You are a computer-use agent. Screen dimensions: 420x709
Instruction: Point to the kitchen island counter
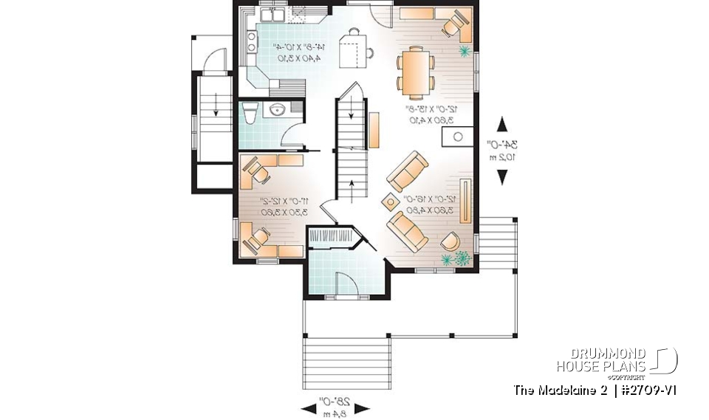click(353, 50)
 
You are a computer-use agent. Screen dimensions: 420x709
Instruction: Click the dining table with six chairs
click(414, 72)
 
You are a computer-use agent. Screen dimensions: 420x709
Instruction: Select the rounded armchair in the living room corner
click(450, 240)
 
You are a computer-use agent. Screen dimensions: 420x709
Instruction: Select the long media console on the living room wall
click(465, 199)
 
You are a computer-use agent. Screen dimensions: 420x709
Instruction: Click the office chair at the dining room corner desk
click(451, 24)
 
